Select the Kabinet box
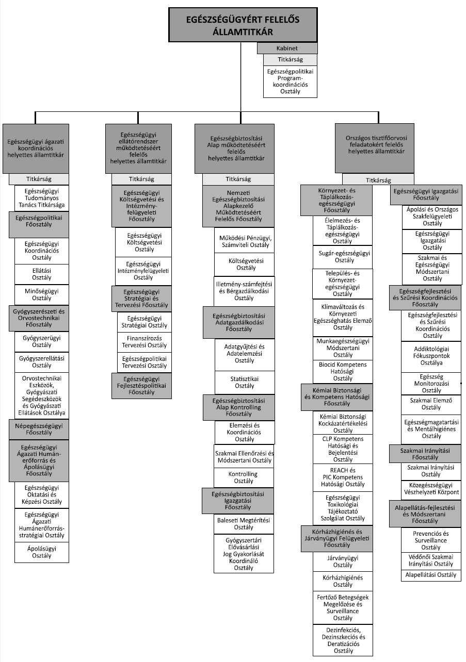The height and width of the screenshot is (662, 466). click(287, 48)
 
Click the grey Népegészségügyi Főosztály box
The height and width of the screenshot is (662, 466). click(39, 429)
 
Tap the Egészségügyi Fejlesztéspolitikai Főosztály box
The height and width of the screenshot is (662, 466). click(141, 385)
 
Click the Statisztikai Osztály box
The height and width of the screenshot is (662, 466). click(245, 382)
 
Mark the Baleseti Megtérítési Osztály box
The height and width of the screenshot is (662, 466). click(245, 524)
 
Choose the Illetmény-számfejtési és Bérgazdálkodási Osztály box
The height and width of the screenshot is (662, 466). click(245, 291)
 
